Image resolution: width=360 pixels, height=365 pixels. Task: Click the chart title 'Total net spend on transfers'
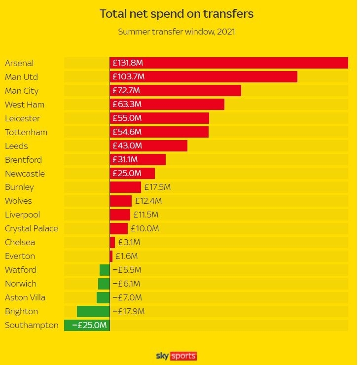[x=177, y=13]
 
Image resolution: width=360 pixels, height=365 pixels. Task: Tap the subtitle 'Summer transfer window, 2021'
[x=177, y=32]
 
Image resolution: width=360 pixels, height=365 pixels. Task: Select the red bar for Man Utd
[x=203, y=77]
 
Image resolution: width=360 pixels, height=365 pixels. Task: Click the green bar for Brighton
[x=93, y=311]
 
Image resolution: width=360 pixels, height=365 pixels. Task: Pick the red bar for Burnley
[x=125, y=187]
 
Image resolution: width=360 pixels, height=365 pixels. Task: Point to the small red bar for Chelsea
[x=112, y=242]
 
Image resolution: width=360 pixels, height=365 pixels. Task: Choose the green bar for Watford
[x=105, y=270]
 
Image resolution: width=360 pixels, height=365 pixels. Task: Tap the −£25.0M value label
[x=89, y=325]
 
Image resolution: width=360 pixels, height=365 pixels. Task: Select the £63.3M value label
[x=127, y=105]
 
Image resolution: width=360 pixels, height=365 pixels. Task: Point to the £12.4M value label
[x=148, y=201]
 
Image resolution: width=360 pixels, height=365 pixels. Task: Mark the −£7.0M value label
[x=127, y=297]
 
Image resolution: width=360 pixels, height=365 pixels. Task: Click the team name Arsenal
[x=19, y=63]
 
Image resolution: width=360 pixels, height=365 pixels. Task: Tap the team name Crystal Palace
[x=32, y=228]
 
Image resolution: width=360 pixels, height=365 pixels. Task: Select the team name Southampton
[x=32, y=325]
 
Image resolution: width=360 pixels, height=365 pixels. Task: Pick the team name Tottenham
[x=26, y=132]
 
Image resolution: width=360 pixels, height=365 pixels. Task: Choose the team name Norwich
[x=21, y=284]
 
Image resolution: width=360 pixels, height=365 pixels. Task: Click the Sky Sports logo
[x=177, y=356]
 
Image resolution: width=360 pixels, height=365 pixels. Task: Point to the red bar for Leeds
[x=148, y=146]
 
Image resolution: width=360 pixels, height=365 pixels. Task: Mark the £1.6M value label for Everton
[x=126, y=256]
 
